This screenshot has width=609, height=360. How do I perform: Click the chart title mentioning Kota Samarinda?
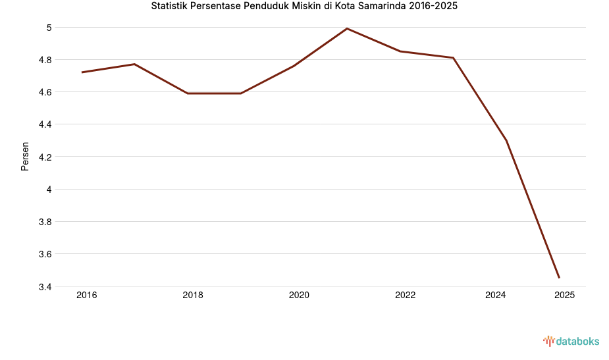pyautogui.click(x=304, y=7)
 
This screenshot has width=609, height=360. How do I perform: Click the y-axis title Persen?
pyautogui.click(x=25, y=157)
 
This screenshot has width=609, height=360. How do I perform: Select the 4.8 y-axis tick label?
pyautogui.click(x=45, y=60)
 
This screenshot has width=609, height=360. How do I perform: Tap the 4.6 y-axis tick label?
pyautogui.click(x=45, y=92)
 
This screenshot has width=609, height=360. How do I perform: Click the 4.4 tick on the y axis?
pyautogui.click(x=45, y=124)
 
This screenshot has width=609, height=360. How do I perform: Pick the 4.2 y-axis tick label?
pyautogui.click(x=45, y=157)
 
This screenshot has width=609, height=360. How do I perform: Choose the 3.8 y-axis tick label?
pyautogui.click(x=45, y=222)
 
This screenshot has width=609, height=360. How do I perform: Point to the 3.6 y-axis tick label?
pyautogui.click(x=45, y=254)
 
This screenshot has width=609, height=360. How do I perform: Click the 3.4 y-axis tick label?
pyautogui.click(x=45, y=287)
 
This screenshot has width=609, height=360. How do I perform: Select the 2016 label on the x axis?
pyautogui.click(x=86, y=296)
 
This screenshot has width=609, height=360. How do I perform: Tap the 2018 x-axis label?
pyautogui.click(x=193, y=296)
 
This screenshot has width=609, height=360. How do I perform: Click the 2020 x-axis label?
pyautogui.click(x=299, y=296)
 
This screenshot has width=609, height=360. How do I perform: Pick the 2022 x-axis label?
pyautogui.click(x=405, y=296)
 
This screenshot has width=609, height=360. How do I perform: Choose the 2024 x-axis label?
pyautogui.click(x=495, y=296)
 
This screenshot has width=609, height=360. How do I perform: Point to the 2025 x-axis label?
pyautogui.click(x=564, y=296)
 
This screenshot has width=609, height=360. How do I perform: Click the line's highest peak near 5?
pyautogui.click(x=347, y=28)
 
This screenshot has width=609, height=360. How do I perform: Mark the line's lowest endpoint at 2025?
pyautogui.click(x=559, y=278)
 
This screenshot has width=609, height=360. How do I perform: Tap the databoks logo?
pyautogui.click(x=571, y=341)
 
